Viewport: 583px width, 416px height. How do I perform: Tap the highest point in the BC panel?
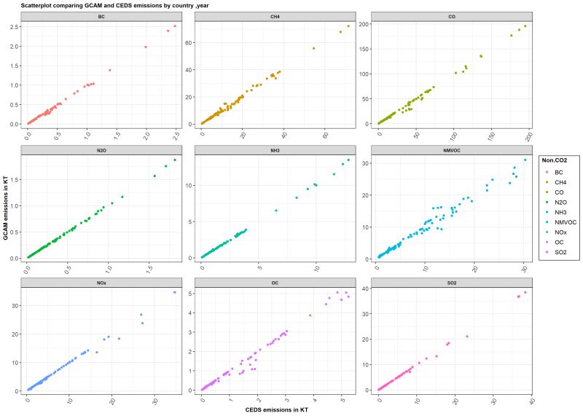point(175,26)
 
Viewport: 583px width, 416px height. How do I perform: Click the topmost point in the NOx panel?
point(175,292)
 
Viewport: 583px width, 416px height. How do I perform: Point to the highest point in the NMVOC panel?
point(525,160)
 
